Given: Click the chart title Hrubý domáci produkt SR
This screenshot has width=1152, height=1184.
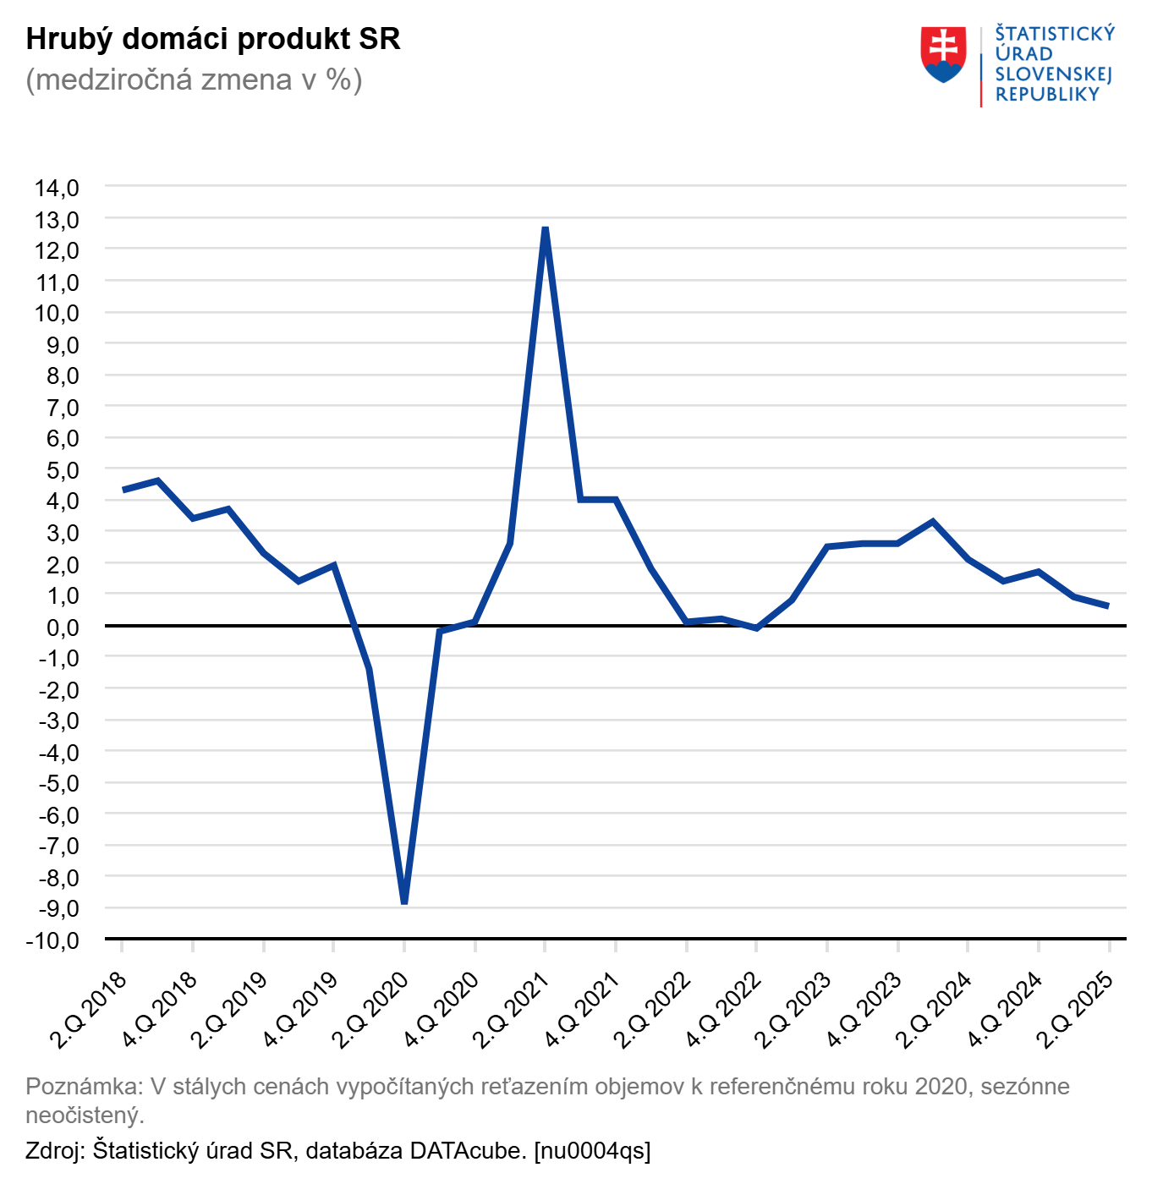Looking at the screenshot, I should pos(213,39).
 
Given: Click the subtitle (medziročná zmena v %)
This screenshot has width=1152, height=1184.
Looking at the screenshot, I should pos(194,79).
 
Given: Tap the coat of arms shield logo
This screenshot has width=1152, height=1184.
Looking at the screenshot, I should pos(943,54).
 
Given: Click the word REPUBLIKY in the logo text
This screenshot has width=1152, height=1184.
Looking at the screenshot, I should pos(1047,95).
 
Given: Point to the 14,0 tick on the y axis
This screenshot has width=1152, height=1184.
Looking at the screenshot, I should pos(57,188).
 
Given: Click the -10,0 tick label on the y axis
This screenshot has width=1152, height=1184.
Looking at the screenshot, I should pos(52,940).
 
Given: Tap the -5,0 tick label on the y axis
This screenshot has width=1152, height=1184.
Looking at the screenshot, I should pos(58,783).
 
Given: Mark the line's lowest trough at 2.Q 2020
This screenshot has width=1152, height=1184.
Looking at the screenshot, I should pos(404,902).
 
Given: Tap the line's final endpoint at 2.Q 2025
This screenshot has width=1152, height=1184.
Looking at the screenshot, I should pos(1108,606).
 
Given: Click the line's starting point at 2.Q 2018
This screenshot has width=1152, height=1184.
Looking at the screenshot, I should pos(123,490).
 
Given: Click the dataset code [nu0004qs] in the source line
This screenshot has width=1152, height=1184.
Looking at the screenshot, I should pos(592,1150).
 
